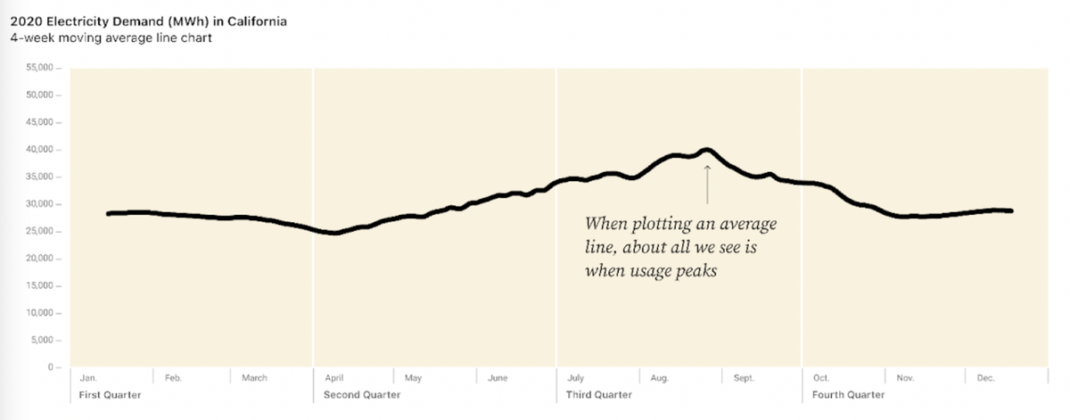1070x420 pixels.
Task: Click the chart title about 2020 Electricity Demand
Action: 148,21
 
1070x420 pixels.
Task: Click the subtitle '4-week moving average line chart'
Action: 111,37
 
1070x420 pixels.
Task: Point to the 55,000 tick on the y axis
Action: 41,68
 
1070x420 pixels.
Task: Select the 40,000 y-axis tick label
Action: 41,150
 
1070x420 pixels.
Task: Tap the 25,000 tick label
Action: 41,232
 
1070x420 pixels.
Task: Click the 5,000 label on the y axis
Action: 44,341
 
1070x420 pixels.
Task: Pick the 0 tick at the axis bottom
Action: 51,367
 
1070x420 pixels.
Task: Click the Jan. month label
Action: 88,378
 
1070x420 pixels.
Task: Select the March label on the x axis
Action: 254,378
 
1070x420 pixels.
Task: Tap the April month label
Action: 334,378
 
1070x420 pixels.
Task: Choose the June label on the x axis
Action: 498,378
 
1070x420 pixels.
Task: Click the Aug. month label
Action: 659,378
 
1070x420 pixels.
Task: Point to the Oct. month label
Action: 821,378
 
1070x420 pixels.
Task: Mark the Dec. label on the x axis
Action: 985,378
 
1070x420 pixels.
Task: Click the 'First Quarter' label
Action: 111,394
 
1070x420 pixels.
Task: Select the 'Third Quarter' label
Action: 599,394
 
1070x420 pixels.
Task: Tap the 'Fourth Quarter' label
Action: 848,394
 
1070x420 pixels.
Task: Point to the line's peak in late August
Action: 706,150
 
